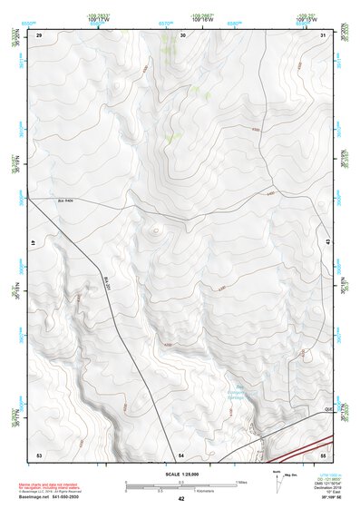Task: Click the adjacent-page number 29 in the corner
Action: (x=39, y=34)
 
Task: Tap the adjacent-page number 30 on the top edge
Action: (x=183, y=34)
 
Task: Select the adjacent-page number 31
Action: (x=323, y=34)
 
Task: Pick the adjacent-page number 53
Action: (x=39, y=454)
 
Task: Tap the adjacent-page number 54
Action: (x=181, y=454)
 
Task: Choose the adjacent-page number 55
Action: (x=323, y=453)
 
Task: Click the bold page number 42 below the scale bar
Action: (x=181, y=499)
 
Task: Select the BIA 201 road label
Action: (x=107, y=283)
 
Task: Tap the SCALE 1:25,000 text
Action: (x=181, y=474)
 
